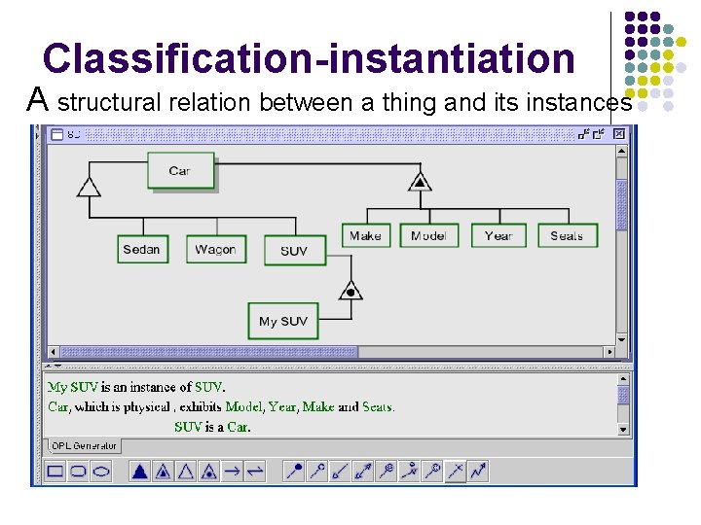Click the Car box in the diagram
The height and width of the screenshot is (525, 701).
pos(180,171)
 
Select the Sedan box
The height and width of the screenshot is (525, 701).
pos(141,250)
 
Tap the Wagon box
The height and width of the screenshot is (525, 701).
pos(215,250)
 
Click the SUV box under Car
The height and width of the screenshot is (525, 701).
pos(293,251)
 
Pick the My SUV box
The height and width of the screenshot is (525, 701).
pos(282,321)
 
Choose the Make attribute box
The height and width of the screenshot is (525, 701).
pos(365,235)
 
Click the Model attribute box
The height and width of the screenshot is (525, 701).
pos(428,235)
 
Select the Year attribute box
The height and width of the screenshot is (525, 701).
pos(498,235)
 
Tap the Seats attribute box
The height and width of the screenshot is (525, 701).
pos(567,235)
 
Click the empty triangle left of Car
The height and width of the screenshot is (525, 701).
pos(89,186)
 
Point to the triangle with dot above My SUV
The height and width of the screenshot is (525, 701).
pos(350,290)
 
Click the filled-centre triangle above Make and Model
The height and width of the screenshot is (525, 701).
pos(419,182)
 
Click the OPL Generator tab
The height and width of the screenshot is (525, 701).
pos(85,446)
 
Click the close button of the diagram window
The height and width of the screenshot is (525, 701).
pos(619,135)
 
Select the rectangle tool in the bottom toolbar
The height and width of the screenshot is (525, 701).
pos(55,472)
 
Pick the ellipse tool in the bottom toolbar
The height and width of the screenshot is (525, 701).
pos(100,472)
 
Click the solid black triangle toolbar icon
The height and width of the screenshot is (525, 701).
pos(140,472)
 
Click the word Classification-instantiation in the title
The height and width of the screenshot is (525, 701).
pos(309,58)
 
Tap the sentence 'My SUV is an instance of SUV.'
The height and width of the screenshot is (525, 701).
pos(136,387)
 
